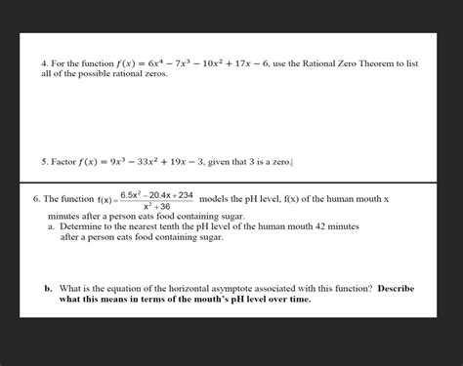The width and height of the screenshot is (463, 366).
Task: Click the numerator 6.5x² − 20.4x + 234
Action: click(x=156, y=195)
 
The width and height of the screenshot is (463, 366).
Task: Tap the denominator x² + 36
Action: click(x=156, y=207)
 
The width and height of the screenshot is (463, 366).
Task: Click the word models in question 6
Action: click(x=215, y=198)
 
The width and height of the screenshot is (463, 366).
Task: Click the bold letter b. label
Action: click(x=48, y=289)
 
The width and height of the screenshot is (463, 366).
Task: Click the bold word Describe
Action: click(x=401, y=289)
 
